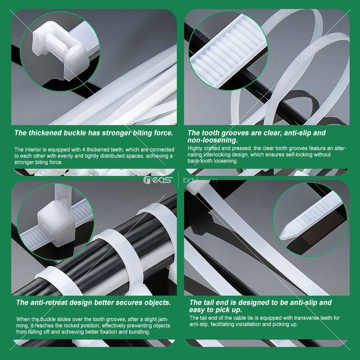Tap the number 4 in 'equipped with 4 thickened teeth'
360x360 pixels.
click(x=84, y=150)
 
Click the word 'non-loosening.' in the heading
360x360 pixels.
click(x=212, y=140)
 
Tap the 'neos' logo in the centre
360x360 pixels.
click(x=158, y=180)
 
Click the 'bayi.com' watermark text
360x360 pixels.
click(x=200, y=180)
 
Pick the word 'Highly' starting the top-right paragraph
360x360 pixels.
click(x=195, y=148)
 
